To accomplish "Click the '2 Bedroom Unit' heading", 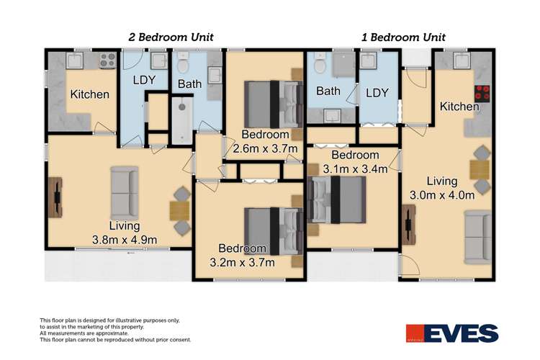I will click(x=170, y=37).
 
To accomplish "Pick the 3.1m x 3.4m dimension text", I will click(x=355, y=170).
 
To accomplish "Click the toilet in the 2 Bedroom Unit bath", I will click(x=184, y=66).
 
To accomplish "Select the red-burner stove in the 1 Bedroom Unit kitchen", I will click(x=481, y=93).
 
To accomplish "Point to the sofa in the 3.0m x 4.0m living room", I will click(x=479, y=235).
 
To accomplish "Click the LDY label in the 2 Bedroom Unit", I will click(x=144, y=81).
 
